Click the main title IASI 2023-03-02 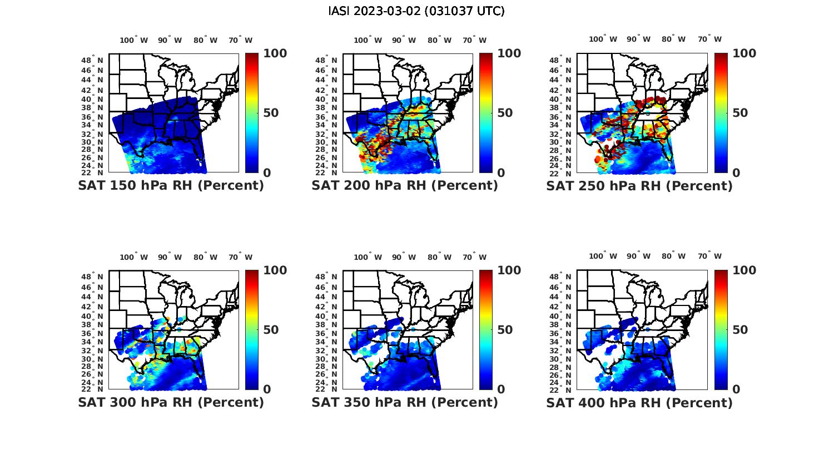pos(416,11)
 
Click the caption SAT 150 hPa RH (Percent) pos(171,186)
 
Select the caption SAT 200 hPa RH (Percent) pos(405,186)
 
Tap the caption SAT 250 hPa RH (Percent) pos(639,186)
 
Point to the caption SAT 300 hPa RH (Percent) pos(171,402)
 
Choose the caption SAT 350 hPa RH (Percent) pos(405,402)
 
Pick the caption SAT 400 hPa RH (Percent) pos(639,402)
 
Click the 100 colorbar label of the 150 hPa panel pos(275,53)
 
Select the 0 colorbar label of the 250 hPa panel pos(736,173)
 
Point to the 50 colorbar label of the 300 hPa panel pos(271,330)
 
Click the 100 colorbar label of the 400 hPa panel pos(744,270)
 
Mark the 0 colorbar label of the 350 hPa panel pos(501,389)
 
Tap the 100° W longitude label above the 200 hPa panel pos(368,40)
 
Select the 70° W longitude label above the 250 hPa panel pos(709,39)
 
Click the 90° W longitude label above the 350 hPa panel pos(404,257)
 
